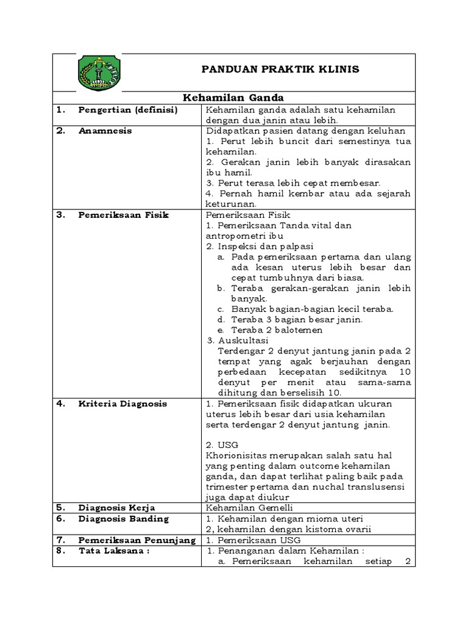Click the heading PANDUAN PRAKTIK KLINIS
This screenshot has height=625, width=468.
point(280,70)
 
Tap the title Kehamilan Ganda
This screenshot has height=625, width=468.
point(234,98)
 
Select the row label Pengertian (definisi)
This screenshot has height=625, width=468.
point(127,110)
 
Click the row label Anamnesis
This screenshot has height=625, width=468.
point(105,131)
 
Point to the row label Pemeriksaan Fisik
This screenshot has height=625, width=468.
point(123,215)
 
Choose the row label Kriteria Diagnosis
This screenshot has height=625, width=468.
point(122,404)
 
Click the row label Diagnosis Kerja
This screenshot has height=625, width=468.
point(116,508)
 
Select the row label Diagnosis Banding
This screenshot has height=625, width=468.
point(123,519)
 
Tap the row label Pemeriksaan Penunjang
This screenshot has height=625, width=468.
point(136,540)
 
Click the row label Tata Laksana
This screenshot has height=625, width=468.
point(114,551)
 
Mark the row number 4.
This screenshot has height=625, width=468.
point(60,404)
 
